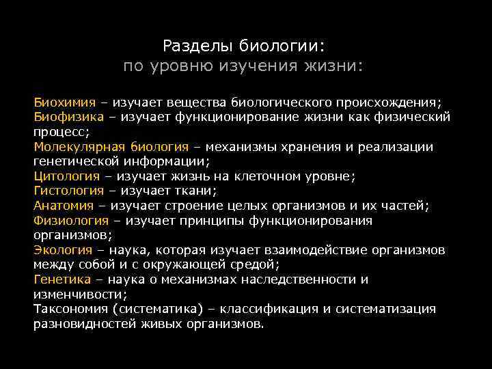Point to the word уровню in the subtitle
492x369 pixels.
tap(182, 67)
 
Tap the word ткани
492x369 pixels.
tap(195, 191)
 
